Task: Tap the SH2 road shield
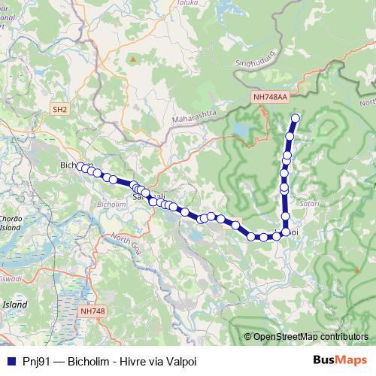(x=60, y=110)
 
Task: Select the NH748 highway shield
(x=93, y=311)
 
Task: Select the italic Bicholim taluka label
(x=112, y=204)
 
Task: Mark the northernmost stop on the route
(x=296, y=118)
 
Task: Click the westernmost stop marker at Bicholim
(x=80, y=166)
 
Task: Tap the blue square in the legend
(x=10, y=360)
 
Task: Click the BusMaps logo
(x=339, y=360)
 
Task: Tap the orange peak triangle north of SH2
(x=133, y=58)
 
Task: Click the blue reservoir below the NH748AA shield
(x=243, y=132)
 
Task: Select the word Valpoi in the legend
(x=180, y=360)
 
